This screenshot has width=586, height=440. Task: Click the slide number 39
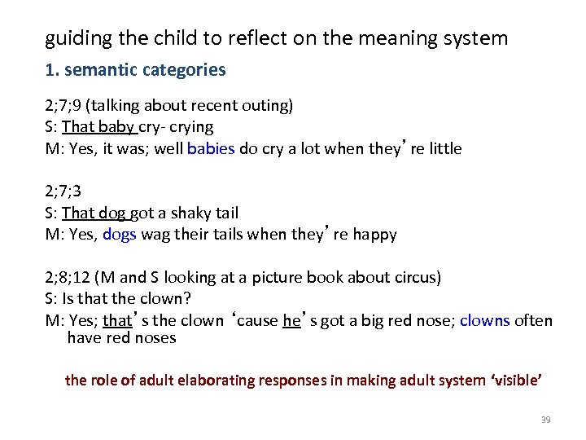click(x=545, y=420)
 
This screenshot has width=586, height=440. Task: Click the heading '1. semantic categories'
click(x=135, y=70)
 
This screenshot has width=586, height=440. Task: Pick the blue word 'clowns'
click(x=484, y=320)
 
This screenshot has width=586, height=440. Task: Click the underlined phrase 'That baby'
click(x=98, y=126)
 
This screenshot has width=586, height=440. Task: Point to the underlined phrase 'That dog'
click(x=94, y=213)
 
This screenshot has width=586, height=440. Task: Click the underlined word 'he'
click(x=291, y=320)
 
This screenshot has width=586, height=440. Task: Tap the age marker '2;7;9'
click(x=63, y=105)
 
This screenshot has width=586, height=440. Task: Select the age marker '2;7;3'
click(x=63, y=191)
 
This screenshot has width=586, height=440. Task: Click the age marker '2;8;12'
click(x=67, y=277)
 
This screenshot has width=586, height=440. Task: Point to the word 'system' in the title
click(x=478, y=37)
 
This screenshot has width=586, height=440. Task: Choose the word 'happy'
click(x=374, y=235)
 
